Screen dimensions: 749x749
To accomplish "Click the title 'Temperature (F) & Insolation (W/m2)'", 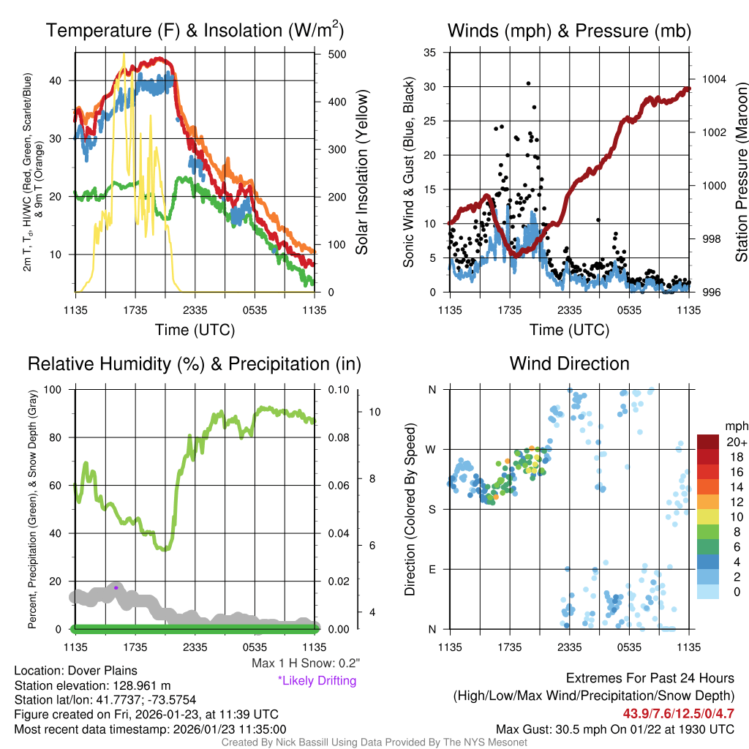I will pyautogui.click(x=195, y=31).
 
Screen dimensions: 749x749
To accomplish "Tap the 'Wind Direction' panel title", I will pyautogui.click(x=569, y=364).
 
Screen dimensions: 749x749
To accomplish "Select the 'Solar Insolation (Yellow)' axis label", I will pyautogui.click(x=362, y=173).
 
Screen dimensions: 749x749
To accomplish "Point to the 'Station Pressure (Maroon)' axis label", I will pyautogui.click(x=741, y=173).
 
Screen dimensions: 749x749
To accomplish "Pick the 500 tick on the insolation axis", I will pyautogui.click(x=337, y=54).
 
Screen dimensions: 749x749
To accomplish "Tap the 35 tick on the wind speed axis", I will pyautogui.click(x=430, y=53).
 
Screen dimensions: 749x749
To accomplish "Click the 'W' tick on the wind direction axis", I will pyautogui.click(x=432, y=449).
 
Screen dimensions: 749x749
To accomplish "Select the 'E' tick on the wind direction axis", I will pyautogui.click(x=432, y=569).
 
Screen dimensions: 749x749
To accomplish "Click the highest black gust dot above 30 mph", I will pyautogui.click(x=528, y=83).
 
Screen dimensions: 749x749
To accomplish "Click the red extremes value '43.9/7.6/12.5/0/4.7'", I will pyautogui.click(x=678, y=713).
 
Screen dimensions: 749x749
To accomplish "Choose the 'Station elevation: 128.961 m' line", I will pyautogui.click(x=92, y=685).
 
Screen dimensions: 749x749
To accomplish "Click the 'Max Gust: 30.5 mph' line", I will pyautogui.click(x=614, y=729).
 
